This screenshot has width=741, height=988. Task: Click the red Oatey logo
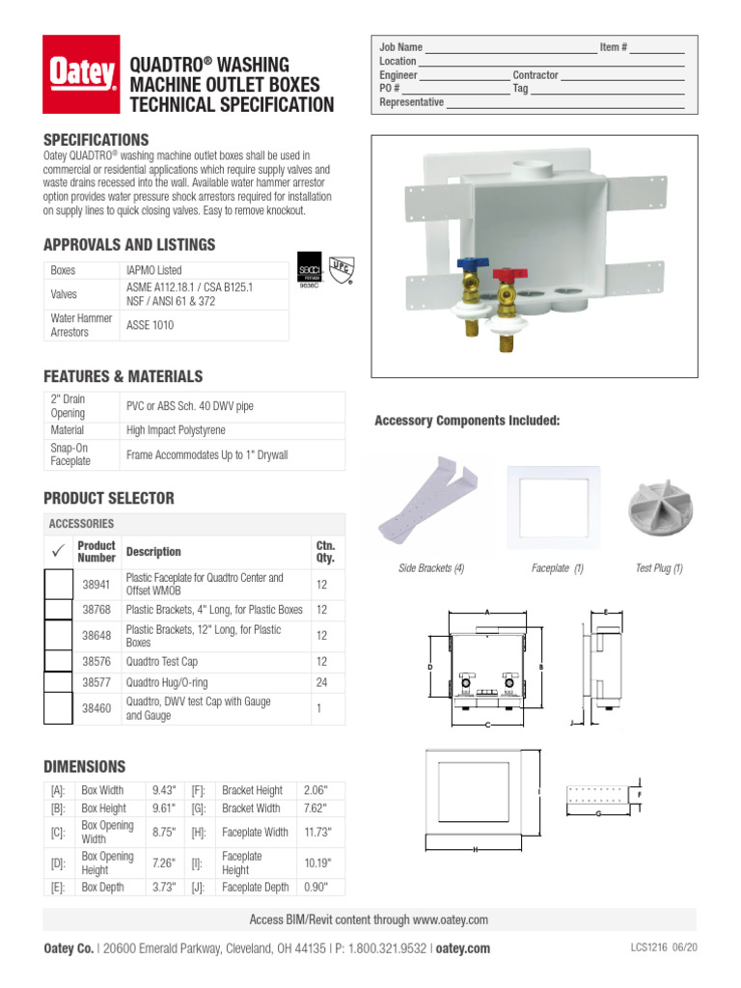(x=81, y=73)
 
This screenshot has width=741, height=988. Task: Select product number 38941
(x=96, y=584)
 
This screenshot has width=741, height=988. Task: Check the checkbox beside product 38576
(x=59, y=661)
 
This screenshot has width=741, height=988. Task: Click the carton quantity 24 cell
(x=322, y=682)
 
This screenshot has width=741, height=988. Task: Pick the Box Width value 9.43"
(x=164, y=790)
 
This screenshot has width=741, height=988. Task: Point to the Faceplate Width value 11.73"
(x=316, y=832)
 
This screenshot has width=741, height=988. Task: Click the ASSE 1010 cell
(x=151, y=325)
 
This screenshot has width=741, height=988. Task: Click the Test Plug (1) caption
(x=659, y=568)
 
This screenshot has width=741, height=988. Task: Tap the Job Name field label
(x=400, y=47)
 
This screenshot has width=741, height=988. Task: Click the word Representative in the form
(x=411, y=102)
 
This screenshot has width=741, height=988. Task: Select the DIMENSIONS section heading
(x=85, y=767)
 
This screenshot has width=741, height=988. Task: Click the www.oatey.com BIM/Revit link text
(x=451, y=919)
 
